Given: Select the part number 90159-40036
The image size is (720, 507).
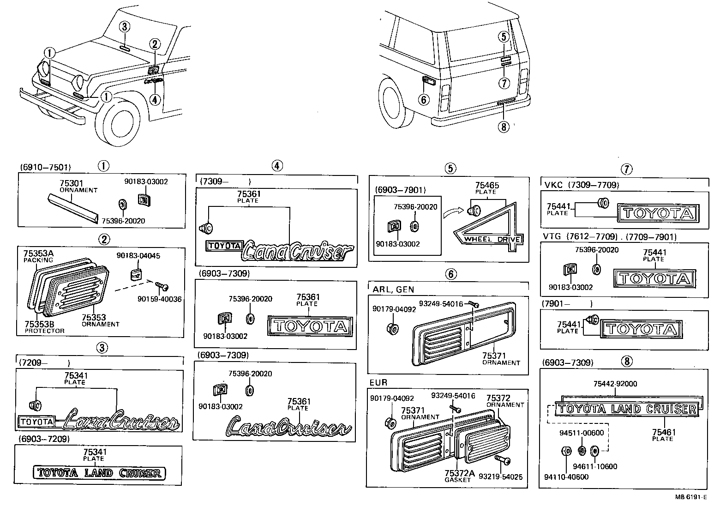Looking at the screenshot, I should coord(159,299).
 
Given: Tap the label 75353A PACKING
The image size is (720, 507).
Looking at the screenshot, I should coord(38,253).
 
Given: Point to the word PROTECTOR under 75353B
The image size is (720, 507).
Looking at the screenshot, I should coord(45,331).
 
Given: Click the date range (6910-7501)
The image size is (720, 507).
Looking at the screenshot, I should coord(45,167).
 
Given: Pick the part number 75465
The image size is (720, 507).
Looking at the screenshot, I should coord(486,185).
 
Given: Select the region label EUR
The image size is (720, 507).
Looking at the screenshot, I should coord(378,383).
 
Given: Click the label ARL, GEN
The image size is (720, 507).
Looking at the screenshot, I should coord(393,290).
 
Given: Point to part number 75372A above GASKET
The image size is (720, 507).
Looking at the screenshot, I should coord(459,473).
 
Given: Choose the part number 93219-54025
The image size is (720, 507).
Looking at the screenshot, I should coord(501,476).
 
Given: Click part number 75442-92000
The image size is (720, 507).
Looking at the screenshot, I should coord(615,384).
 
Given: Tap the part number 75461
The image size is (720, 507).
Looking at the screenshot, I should coord(664,432).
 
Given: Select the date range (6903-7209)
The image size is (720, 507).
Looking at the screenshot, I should coord(44,439).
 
